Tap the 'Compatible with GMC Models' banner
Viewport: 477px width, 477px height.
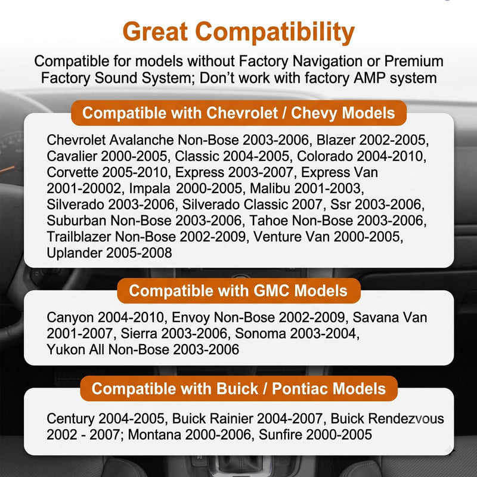pyautogui.click(x=239, y=290)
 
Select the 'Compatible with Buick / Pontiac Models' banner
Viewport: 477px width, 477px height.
pyautogui.click(x=239, y=389)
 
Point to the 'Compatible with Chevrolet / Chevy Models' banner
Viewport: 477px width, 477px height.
pyautogui.click(x=239, y=113)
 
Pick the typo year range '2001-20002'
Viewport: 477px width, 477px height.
pyautogui.click(x=83, y=188)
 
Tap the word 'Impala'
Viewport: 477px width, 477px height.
pyautogui.click(x=150, y=189)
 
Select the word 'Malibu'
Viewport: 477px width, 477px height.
pyautogui.click(x=270, y=188)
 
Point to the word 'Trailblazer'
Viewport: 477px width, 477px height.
pyautogui.click(x=79, y=237)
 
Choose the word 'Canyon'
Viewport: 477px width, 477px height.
pyautogui.click(x=70, y=318)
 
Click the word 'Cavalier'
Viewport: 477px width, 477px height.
pyautogui.click(x=72, y=156)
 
